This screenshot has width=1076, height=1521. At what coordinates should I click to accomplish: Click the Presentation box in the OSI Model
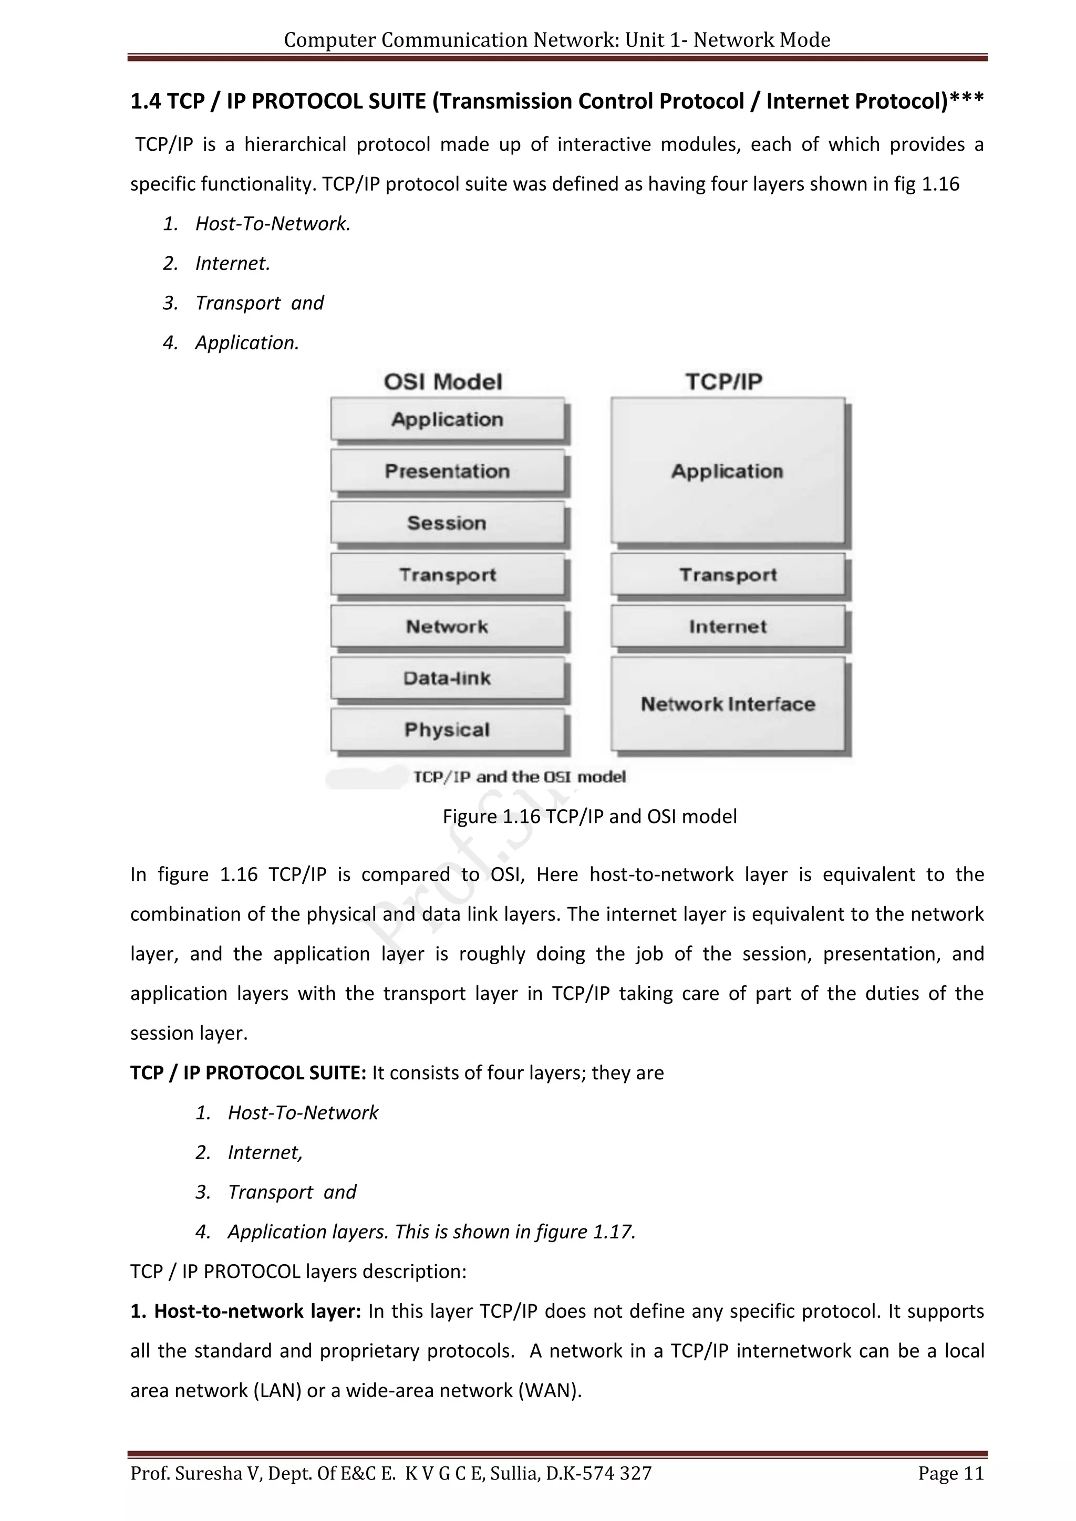[x=447, y=471]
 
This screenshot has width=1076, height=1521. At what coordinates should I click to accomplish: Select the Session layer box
[x=447, y=523]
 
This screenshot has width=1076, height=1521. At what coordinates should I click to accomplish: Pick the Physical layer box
[x=447, y=730]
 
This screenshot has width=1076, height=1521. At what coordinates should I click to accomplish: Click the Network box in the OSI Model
[x=447, y=626]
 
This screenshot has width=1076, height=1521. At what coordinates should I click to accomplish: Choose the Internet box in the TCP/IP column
[x=728, y=626]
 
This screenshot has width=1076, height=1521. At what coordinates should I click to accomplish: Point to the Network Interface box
[x=728, y=704]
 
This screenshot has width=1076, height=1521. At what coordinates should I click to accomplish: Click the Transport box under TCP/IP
[x=728, y=575]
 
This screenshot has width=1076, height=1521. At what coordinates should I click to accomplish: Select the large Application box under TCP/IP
[x=728, y=471]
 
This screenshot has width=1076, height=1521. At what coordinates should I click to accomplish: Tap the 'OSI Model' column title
[x=443, y=382]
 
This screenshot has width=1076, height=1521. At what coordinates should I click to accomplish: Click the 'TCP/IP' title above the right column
[x=723, y=382]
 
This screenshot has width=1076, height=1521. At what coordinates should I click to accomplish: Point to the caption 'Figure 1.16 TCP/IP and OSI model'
[x=589, y=816]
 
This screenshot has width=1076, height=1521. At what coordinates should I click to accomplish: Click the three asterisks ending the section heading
[x=967, y=99]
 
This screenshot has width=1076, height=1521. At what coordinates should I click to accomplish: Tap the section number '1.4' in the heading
[x=145, y=101]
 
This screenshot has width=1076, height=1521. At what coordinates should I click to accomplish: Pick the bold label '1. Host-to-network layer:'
[x=245, y=1311]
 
